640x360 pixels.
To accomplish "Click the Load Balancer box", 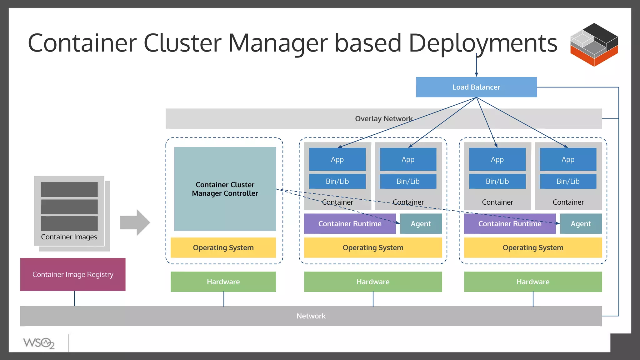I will point(476,87).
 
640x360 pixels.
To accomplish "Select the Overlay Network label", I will point(383,119).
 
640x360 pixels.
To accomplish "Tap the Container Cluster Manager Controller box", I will point(225,189).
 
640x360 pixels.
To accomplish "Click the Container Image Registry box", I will point(73,274).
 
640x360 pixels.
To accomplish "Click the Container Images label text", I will point(69,237).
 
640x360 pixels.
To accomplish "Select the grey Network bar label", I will point(311,316).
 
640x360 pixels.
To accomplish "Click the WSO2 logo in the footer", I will point(39,343).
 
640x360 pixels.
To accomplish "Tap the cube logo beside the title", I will point(594,44).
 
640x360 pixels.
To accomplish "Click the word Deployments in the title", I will point(483,43).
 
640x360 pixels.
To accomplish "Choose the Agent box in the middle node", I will point(421,224).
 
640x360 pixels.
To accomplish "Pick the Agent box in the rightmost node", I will point(581,224).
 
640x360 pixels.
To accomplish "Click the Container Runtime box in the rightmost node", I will point(510,224).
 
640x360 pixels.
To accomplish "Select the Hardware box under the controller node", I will point(223,282).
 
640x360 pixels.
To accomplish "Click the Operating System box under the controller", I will point(223,247).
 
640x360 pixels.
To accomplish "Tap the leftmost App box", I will point(337,159).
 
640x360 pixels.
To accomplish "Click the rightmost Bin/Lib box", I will point(568,181).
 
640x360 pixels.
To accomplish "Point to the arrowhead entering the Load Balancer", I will point(476,74).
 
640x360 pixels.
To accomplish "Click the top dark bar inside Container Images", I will point(69,189).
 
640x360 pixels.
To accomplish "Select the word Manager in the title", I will point(278,43).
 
